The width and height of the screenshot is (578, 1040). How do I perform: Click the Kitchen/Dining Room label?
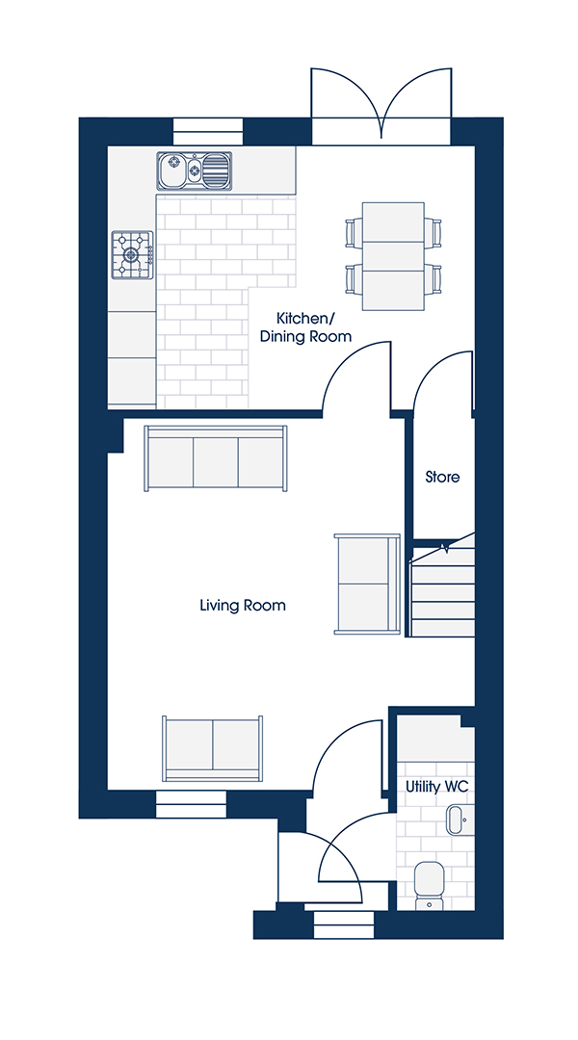point(305,326)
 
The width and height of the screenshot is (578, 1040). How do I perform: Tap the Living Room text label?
point(243,605)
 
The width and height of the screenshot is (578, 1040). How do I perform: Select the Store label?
point(442,477)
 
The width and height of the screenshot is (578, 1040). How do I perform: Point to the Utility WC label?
point(437,787)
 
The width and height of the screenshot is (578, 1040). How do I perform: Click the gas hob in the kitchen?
point(133,254)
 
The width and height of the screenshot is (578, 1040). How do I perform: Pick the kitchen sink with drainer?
point(195,170)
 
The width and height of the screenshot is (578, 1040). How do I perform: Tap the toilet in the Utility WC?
point(429,885)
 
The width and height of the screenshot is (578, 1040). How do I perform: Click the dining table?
point(393,256)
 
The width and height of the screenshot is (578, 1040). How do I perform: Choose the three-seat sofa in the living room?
point(217,458)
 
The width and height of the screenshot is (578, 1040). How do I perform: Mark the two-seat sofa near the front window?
point(212,748)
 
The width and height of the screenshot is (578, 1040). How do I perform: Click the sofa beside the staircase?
point(368,584)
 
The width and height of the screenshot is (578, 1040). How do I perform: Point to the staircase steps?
point(443,589)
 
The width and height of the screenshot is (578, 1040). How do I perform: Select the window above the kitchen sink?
point(208,131)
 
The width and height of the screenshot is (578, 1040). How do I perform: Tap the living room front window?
point(191,804)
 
